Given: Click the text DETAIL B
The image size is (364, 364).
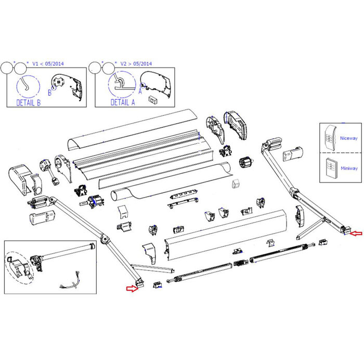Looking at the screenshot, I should click(28, 102).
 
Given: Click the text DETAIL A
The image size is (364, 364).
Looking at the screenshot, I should click(123, 102).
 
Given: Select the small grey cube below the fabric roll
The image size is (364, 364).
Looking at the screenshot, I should click(236, 183).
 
